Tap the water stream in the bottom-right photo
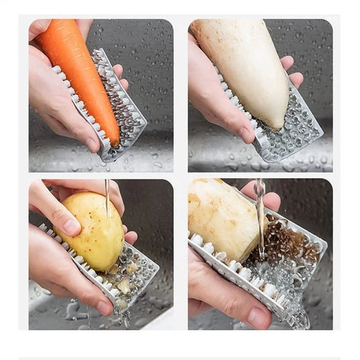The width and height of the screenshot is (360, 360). tap(260, 216)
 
